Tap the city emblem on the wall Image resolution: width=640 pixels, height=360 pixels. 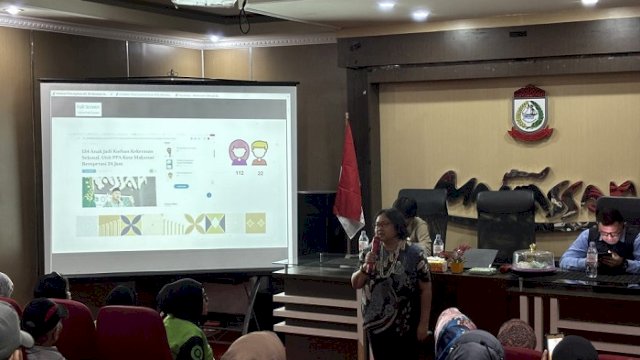530,112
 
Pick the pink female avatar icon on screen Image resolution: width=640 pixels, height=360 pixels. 239,152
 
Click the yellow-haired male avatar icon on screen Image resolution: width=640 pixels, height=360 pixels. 259,152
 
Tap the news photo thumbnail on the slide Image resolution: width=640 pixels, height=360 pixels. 119,191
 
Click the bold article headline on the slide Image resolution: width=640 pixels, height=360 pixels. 121,159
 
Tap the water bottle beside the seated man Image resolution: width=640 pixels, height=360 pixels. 592,260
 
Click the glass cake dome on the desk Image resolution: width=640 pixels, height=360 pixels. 533,258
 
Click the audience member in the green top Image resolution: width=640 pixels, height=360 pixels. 184,320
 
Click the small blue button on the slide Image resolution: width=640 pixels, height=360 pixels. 181,185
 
